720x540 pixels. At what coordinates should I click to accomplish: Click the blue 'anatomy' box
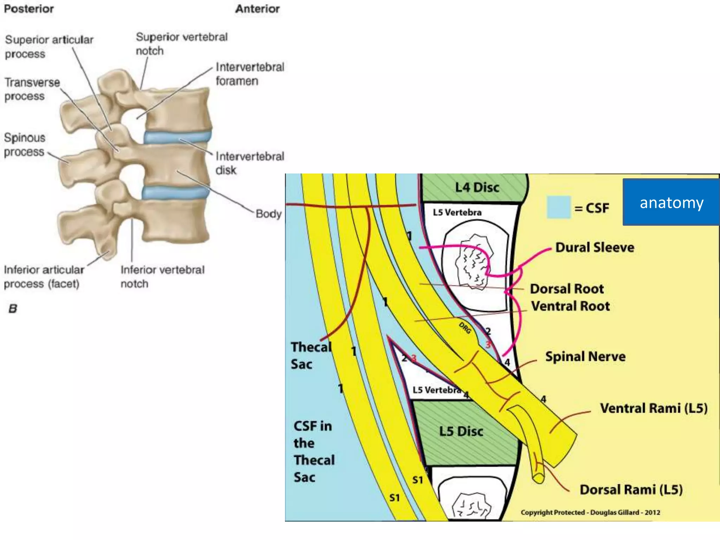[671, 202]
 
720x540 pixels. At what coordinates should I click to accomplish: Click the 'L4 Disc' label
[477, 187]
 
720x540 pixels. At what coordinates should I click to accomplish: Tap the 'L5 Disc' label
[461, 431]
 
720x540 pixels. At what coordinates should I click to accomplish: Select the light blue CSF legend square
[558, 207]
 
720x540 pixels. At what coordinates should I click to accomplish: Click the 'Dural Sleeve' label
[594, 247]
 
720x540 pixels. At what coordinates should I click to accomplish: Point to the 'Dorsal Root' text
[567, 289]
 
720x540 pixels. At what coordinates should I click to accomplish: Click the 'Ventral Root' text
[570, 306]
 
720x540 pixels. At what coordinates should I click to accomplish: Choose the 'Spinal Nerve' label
[585, 357]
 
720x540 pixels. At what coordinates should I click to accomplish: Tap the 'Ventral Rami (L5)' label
[654, 408]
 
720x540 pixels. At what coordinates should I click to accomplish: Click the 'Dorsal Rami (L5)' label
[631, 490]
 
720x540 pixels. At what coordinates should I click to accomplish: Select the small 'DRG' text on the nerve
[465, 328]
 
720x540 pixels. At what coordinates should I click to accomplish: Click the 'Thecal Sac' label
[311, 355]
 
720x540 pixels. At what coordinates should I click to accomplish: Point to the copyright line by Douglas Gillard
[590, 513]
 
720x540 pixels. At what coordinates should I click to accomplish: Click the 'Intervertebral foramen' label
[250, 74]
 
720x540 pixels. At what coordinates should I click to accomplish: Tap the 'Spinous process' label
[24, 144]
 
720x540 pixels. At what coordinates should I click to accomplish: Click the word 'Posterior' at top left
[29, 9]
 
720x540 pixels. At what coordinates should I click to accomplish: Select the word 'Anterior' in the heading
[257, 9]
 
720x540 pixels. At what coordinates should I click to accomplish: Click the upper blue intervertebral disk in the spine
[178, 137]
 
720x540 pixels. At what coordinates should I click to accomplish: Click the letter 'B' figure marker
[13, 309]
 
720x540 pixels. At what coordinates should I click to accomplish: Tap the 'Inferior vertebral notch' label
[162, 277]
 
